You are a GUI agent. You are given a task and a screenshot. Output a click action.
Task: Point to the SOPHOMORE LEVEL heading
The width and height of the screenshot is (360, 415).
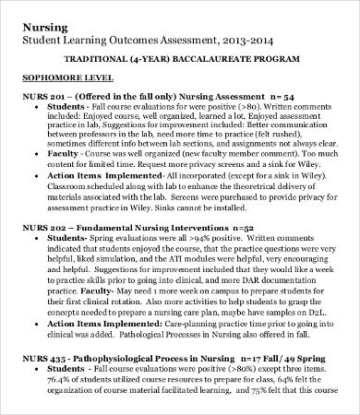pos(63,78)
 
